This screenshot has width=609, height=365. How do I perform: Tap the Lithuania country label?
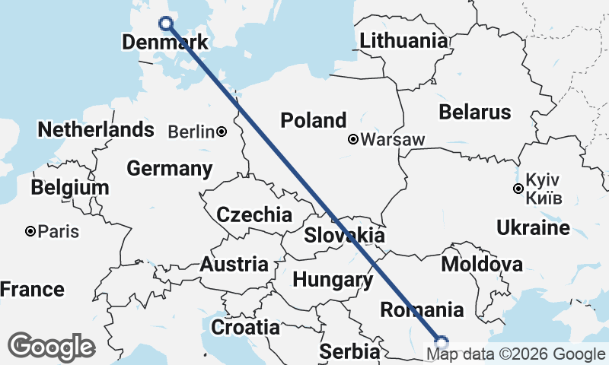tap(403, 41)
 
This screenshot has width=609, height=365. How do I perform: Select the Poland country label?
tap(313, 120)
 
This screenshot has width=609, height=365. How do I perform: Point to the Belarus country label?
tap(475, 113)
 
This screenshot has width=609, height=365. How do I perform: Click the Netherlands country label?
tap(96, 129)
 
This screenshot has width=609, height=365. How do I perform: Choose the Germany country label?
tap(169, 168)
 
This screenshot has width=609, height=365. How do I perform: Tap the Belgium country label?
tap(70, 187)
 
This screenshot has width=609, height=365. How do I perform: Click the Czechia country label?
tap(254, 214)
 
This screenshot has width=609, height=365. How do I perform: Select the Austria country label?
tap(234, 265)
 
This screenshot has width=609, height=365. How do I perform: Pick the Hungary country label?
tap(333, 279)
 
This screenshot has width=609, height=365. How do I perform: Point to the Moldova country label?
tap(482, 265)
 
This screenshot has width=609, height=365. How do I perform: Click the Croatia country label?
tap(245, 328)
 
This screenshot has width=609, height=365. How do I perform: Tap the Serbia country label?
tap(349, 352)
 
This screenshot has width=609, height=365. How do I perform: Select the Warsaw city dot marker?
tap(354, 139)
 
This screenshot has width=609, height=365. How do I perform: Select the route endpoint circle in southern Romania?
tap(441, 341)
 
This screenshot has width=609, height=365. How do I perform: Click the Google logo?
tap(51, 347)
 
